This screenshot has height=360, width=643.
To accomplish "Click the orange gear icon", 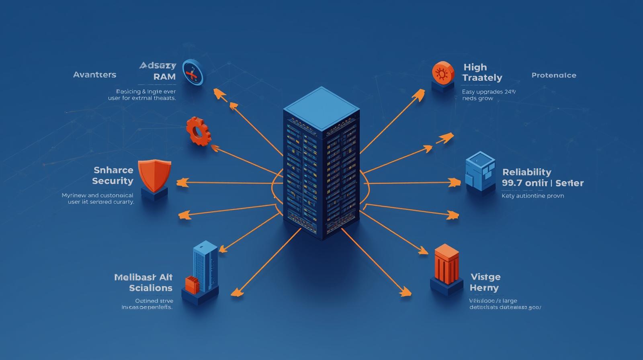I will pos(198,131).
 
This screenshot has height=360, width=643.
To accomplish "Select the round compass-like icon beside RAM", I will pos(193,72).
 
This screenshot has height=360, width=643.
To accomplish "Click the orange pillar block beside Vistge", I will pos(446,263).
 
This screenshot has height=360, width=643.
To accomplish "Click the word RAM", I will pos(165,77).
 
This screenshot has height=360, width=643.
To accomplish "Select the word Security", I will pos(113,181).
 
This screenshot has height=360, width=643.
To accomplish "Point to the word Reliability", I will pos(527,172).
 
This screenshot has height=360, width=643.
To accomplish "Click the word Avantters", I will pos(95,75).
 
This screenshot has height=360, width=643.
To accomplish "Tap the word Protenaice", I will pos(554,75).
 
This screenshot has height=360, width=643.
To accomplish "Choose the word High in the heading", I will pos(475,67).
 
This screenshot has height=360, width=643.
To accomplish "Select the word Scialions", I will pos(151,288).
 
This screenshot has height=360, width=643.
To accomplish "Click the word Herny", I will pos(484,288).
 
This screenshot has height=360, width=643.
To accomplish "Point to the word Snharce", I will pos(113,170).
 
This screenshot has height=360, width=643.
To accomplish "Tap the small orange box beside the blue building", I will pos(192,284).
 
